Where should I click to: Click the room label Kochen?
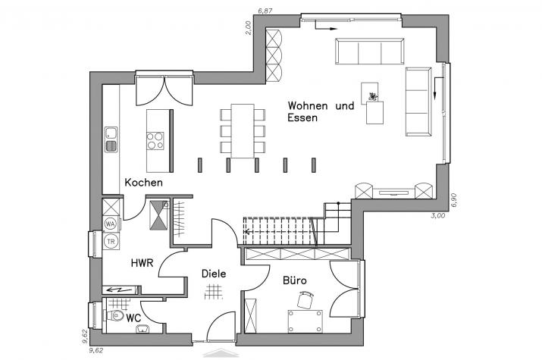click(x=143, y=183)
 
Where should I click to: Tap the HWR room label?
click(x=142, y=263)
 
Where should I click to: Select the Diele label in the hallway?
click(x=214, y=274)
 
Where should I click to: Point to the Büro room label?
click(x=295, y=280)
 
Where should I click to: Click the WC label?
click(x=133, y=318)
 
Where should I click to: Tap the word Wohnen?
click(x=308, y=105)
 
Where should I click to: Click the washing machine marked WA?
click(x=110, y=224)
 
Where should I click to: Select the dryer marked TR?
click(x=111, y=242)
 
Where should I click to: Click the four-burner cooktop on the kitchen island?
click(x=155, y=141)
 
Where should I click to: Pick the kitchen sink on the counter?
click(x=111, y=139)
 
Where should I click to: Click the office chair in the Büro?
click(x=305, y=300)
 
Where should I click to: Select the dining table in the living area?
click(x=243, y=131)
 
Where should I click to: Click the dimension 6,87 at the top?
click(x=265, y=11)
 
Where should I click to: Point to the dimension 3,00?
click(x=438, y=215)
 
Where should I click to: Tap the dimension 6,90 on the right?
click(x=454, y=200)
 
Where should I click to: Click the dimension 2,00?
click(x=248, y=28)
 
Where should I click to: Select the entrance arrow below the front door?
click(x=221, y=353)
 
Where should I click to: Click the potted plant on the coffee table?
click(x=373, y=96)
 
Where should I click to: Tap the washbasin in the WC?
click(x=143, y=329)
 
